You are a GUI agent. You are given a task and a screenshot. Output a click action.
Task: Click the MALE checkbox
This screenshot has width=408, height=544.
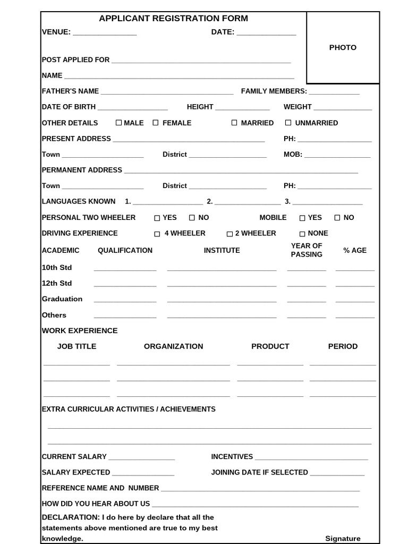coord(118,123)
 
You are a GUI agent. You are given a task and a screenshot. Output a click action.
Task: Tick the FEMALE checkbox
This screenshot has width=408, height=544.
coord(156,123)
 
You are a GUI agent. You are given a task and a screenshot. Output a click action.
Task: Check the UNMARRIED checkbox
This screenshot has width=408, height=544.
coord(288,123)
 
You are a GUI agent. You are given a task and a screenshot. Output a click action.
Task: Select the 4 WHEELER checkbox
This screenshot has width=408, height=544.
coord(157,234)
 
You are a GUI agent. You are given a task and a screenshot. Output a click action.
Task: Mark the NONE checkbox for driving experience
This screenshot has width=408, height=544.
coord(302,234)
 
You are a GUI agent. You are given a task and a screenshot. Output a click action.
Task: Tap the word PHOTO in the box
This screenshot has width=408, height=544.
coord(343,48)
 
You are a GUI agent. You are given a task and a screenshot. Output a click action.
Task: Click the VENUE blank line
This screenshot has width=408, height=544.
coord(105,33)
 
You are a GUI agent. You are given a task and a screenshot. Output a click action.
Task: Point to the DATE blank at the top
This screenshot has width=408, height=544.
coord(266,33)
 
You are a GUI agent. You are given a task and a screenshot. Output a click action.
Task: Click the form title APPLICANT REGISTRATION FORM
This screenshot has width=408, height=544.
coord(173,19)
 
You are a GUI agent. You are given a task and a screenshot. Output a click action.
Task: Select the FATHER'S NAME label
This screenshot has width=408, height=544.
coord(70,91)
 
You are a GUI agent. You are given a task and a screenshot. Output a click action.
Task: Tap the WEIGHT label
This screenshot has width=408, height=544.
coord(297,107)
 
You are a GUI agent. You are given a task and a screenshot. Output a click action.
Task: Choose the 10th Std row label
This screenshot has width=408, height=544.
coord(57,267)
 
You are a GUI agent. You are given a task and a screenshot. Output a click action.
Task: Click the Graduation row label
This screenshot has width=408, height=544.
coord(62,299)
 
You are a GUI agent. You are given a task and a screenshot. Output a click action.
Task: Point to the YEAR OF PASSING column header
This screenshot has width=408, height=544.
coord(307,250)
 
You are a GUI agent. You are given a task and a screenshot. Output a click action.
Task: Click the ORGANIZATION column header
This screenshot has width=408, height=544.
coord(173,346)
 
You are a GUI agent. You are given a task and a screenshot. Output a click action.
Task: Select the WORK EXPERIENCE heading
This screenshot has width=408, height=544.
coord(80,330)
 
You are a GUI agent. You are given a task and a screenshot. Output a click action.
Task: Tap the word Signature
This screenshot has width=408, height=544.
coord(343,539)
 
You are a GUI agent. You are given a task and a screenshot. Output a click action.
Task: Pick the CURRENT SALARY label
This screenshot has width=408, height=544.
coord(74,457)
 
